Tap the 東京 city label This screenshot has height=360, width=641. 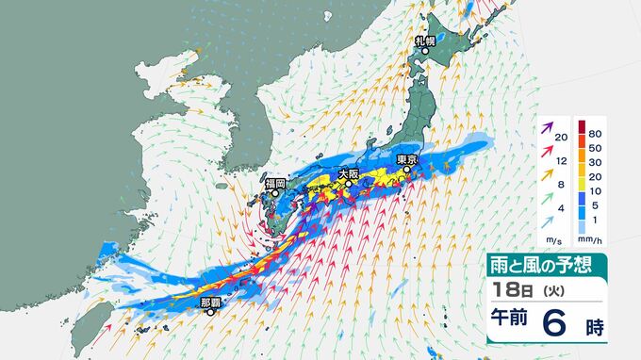coord(406,159)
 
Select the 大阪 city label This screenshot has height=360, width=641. coord(348,173)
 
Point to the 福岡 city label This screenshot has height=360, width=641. coord(274,183)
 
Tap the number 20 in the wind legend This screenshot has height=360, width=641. coord(562,138)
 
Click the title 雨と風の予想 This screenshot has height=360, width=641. coord(536,266)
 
